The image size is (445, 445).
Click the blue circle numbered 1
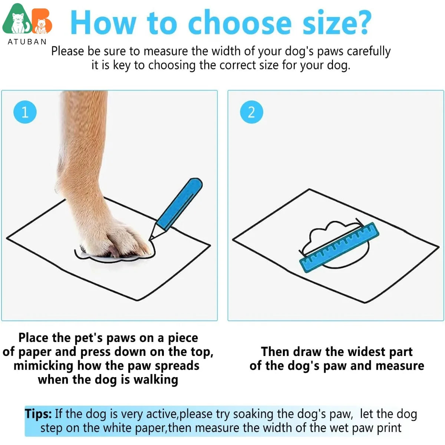point(25,112)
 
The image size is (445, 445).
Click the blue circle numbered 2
point(251,112)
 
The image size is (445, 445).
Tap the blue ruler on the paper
point(339,247)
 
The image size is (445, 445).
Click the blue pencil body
point(179,204)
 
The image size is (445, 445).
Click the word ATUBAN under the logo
point(27,42)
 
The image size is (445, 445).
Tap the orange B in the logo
point(42,21)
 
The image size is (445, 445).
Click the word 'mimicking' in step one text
point(43,366)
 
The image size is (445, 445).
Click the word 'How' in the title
point(103,22)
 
